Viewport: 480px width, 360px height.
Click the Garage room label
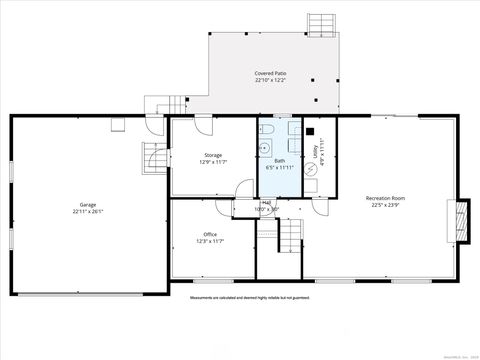(x=87, y=204)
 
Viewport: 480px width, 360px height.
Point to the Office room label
(x=210, y=234)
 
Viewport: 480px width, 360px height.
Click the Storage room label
(x=213, y=155)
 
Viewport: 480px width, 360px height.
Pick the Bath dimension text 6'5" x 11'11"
(x=279, y=168)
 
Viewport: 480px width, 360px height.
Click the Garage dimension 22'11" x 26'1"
(x=87, y=212)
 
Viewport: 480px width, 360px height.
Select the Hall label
(x=266, y=202)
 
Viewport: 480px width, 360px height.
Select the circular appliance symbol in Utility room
(x=311, y=185)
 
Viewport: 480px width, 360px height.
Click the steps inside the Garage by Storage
(x=155, y=158)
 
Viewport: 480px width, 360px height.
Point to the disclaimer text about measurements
(x=250, y=297)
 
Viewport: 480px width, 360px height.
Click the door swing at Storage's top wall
(x=203, y=124)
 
